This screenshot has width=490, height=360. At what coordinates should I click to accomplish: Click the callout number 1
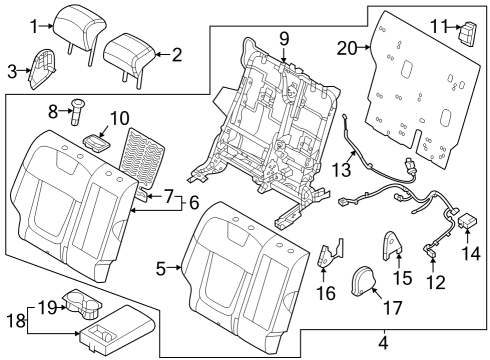(x=34, y=26)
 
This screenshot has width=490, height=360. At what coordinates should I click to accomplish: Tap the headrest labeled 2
(x=129, y=57)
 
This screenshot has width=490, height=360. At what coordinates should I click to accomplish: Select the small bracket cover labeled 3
(x=42, y=69)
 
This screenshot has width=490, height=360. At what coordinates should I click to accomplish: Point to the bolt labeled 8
(x=77, y=111)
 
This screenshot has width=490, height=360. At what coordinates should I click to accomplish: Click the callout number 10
(x=119, y=118)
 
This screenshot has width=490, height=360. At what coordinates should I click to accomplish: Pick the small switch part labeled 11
(x=468, y=33)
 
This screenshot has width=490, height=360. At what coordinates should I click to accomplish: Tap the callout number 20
(x=347, y=49)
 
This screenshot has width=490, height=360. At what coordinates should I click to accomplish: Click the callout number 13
(x=342, y=169)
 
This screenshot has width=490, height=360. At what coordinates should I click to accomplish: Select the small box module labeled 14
(x=468, y=222)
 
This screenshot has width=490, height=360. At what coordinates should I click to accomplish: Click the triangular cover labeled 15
(x=391, y=246)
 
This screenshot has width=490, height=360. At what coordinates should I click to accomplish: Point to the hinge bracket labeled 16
(x=329, y=253)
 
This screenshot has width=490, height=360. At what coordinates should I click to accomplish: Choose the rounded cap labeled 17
(x=363, y=281)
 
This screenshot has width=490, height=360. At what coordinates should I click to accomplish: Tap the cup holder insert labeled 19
(x=82, y=303)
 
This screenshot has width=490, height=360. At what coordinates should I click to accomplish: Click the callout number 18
(x=17, y=320)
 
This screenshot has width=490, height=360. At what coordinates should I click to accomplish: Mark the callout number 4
(x=384, y=343)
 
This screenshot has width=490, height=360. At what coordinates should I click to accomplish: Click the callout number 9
(x=284, y=39)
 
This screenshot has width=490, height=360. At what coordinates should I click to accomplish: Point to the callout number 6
(x=194, y=202)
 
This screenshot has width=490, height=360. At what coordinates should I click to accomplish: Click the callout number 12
(x=436, y=283)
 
